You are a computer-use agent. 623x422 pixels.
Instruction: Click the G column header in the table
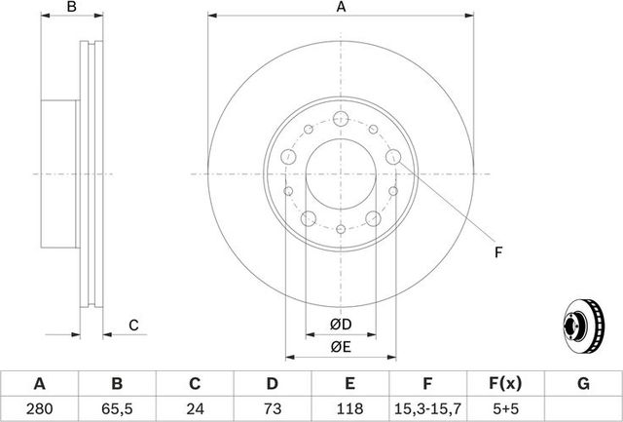583,384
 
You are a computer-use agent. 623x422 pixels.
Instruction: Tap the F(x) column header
506,384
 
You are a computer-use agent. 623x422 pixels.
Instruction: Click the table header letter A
40,384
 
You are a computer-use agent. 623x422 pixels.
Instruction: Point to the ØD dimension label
340,324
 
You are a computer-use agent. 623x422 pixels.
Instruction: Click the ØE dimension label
340,346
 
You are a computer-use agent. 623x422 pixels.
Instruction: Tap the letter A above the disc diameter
341,9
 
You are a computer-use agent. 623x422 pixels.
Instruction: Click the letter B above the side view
70,9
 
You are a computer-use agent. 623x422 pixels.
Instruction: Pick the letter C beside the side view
133,325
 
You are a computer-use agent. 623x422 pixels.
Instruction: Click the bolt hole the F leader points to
394,157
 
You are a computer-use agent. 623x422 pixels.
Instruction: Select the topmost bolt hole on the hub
340,119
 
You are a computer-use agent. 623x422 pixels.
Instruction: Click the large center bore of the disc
340,175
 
